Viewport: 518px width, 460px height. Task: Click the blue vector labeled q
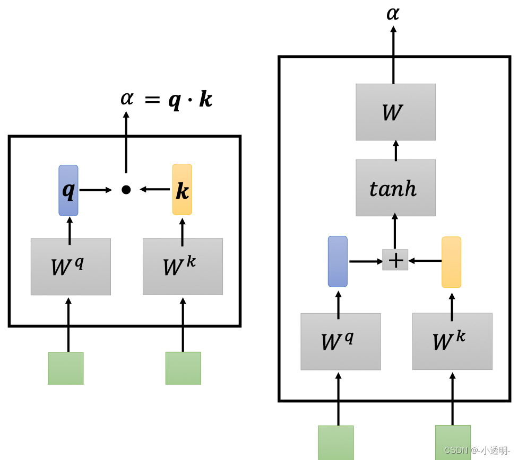tap(68, 190)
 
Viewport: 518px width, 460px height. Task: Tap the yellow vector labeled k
tap(182, 190)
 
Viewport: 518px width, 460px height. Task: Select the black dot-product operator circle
tap(126, 190)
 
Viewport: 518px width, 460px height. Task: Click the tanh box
tap(395, 188)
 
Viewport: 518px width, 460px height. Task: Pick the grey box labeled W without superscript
tap(395, 112)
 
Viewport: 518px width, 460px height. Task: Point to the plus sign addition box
tap(395, 260)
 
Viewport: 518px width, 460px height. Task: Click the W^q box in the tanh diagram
tap(340, 342)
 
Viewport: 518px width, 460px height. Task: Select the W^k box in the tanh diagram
tap(452, 341)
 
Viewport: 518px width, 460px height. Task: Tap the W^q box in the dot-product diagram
tap(71, 267)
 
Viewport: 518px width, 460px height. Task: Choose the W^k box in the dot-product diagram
tap(183, 267)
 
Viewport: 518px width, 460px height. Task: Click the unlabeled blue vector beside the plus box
tap(338, 261)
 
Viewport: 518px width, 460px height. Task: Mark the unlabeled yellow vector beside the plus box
tap(451, 262)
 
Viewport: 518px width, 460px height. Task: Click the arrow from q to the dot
tap(96, 190)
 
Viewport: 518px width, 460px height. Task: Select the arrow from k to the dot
tap(156, 189)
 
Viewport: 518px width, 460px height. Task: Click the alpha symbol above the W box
tap(393, 13)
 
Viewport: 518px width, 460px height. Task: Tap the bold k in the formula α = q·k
tap(205, 100)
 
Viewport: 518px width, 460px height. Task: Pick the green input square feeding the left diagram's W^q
tap(66, 368)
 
